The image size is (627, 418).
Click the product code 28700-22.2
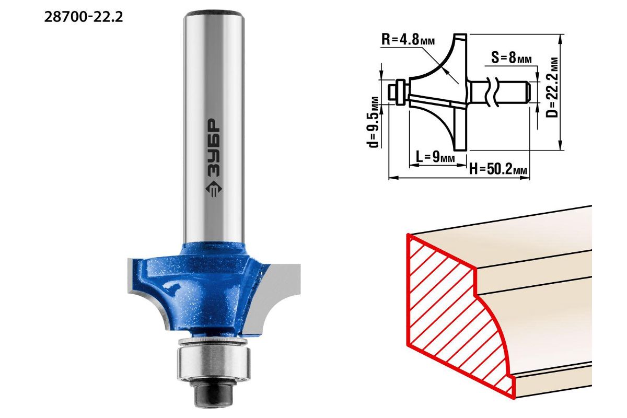84,17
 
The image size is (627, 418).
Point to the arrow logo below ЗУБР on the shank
214,190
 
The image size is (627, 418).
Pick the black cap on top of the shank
214,13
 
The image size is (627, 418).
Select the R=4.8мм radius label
408,40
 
